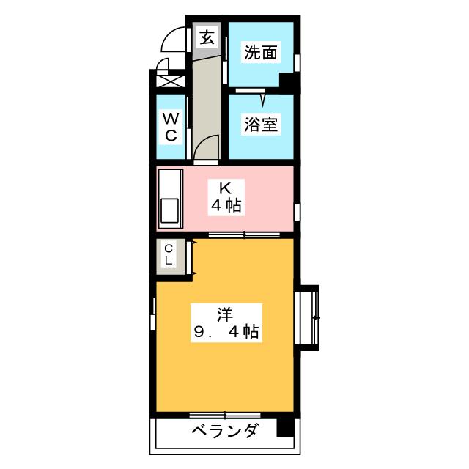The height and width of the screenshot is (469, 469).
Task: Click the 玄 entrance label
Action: pos(207,37)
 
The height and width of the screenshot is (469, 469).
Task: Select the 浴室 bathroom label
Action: pos(260,125)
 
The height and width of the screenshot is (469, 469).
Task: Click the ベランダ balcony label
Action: pos(224,431)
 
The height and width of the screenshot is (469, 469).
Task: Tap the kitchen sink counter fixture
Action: pos(170,198)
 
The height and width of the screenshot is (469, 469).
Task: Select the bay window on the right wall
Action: pos(309,317)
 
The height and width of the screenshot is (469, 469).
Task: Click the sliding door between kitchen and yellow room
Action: pos(243,234)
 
